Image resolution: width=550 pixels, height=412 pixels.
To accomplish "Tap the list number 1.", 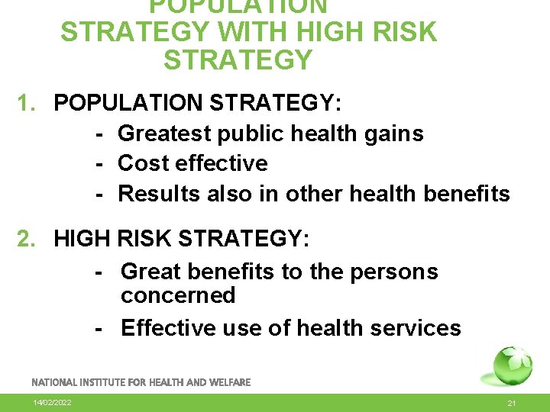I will (26, 103).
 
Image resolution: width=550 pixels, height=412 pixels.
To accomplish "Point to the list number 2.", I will (26, 239).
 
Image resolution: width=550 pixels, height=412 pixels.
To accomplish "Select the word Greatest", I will (163, 134).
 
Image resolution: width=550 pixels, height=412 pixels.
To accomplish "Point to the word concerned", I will (178, 295).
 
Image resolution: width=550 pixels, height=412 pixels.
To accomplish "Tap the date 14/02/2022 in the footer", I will (52, 402).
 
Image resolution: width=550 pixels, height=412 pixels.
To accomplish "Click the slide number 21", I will (513, 403).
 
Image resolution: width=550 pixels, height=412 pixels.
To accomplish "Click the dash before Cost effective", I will (99, 163).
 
